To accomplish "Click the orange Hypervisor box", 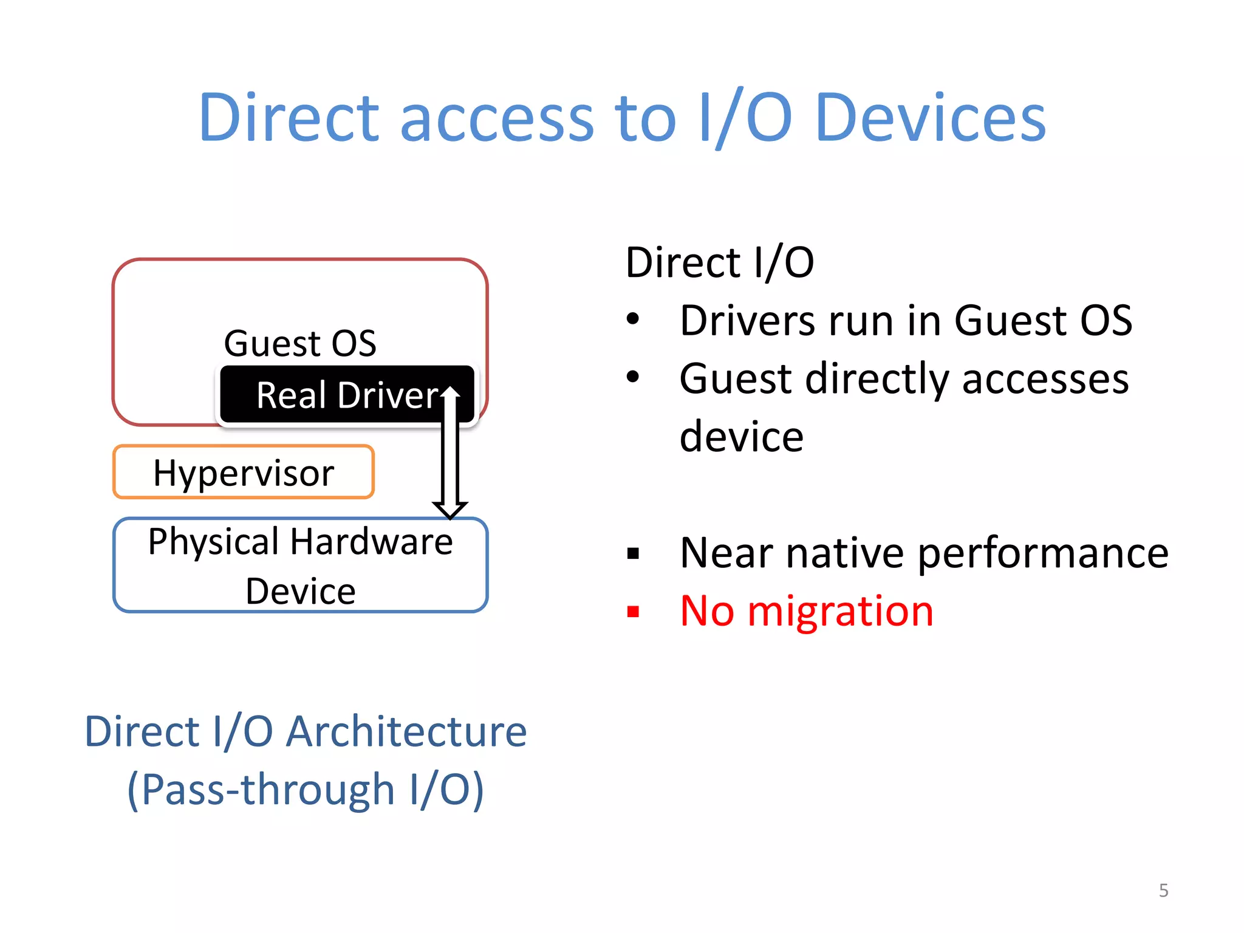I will pyautogui.click(x=243, y=473).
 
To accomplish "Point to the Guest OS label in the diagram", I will pyautogui.click(x=300, y=343).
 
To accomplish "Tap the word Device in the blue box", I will pyautogui.click(x=301, y=591).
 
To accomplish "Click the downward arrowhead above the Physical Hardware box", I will pyautogui.click(x=450, y=509).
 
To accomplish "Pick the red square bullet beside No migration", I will pyautogui.click(x=634, y=611).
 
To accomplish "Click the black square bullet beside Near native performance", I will pyautogui.click(x=634, y=553).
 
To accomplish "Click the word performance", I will pyautogui.click(x=1043, y=553).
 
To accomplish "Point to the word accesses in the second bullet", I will pyautogui.click(x=1045, y=378).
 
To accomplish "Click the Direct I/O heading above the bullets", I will pyautogui.click(x=720, y=262).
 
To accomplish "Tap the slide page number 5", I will pyautogui.click(x=1163, y=890).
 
